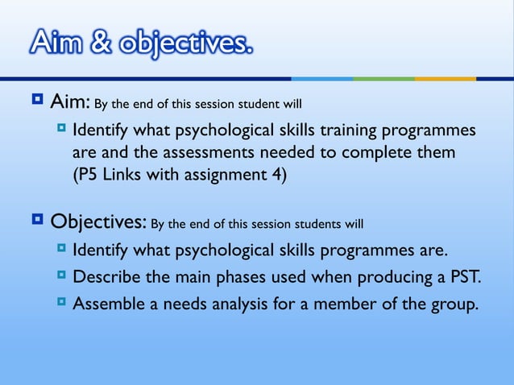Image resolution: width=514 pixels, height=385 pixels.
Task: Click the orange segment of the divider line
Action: pos(445,78)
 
